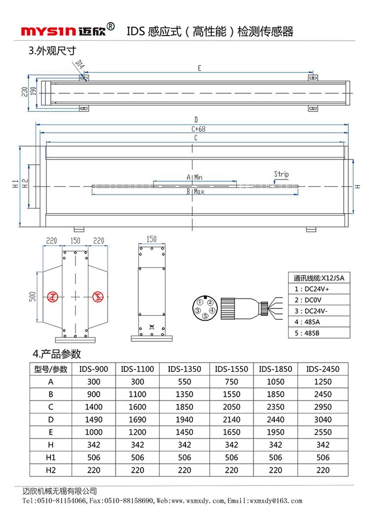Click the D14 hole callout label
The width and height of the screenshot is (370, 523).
pyautogui.click(x=80, y=64)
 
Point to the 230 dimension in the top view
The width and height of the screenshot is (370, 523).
pyautogui.click(x=24, y=92)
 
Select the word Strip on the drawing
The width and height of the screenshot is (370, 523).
pyautogui.click(x=281, y=174)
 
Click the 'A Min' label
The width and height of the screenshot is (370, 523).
pyautogui.click(x=194, y=177)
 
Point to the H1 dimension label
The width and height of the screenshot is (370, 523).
pyautogui.click(x=16, y=185)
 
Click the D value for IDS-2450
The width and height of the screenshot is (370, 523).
pyautogui.click(x=323, y=419)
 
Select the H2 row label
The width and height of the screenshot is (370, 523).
pyautogui.click(x=51, y=470)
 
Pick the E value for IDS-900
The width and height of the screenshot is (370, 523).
pyautogui.click(x=93, y=432)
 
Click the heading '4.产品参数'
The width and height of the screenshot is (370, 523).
pyautogui.click(x=57, y=354)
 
